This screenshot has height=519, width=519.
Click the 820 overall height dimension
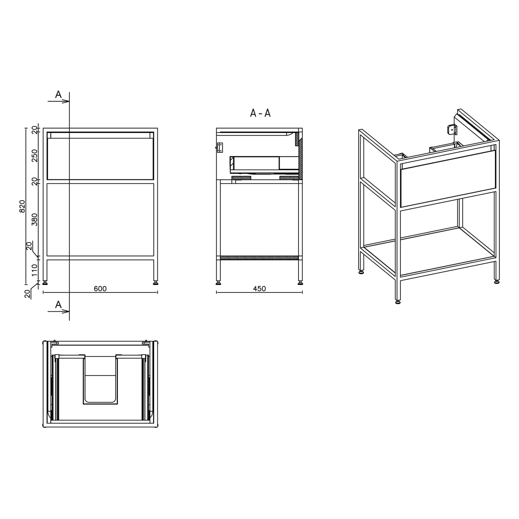[22, 206]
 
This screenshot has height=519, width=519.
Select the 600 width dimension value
[100, 289]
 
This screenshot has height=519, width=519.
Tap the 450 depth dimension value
[259, 289]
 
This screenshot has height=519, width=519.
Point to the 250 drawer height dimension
[35, 156]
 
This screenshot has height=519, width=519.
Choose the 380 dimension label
[35, 219]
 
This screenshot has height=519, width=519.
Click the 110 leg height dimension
[35, 270]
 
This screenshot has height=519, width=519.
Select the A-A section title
[260, 113]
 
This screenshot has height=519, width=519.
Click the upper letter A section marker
[58, 94]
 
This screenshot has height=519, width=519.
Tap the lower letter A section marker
[58, 304]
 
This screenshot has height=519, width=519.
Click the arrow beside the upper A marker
[58, 101]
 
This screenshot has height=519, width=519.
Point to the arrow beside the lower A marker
[58, 311]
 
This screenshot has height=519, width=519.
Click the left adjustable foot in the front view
[45, 283]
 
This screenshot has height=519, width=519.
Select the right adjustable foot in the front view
[156, 283]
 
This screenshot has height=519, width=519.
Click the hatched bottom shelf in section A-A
[259, 258]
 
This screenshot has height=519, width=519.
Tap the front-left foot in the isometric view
[398, 302]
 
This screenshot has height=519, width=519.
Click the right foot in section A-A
[300, 283]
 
